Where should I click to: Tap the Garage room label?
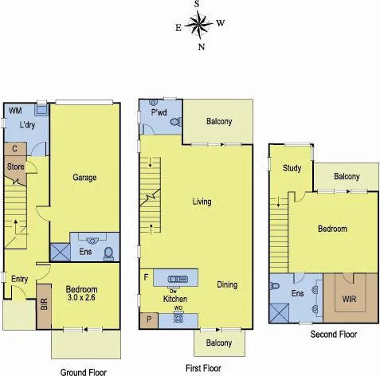[84, 177]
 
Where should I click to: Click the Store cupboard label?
[15, 166]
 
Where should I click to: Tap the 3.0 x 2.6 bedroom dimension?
[81, 300]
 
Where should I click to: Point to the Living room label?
[202, 202]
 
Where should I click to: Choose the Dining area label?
[229, 284]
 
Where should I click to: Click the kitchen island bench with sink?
[174, 277]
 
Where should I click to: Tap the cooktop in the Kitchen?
[178, 319]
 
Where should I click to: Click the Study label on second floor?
[291, 167]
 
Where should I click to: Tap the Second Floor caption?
[333, 335]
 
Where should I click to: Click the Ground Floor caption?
[84, 370]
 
